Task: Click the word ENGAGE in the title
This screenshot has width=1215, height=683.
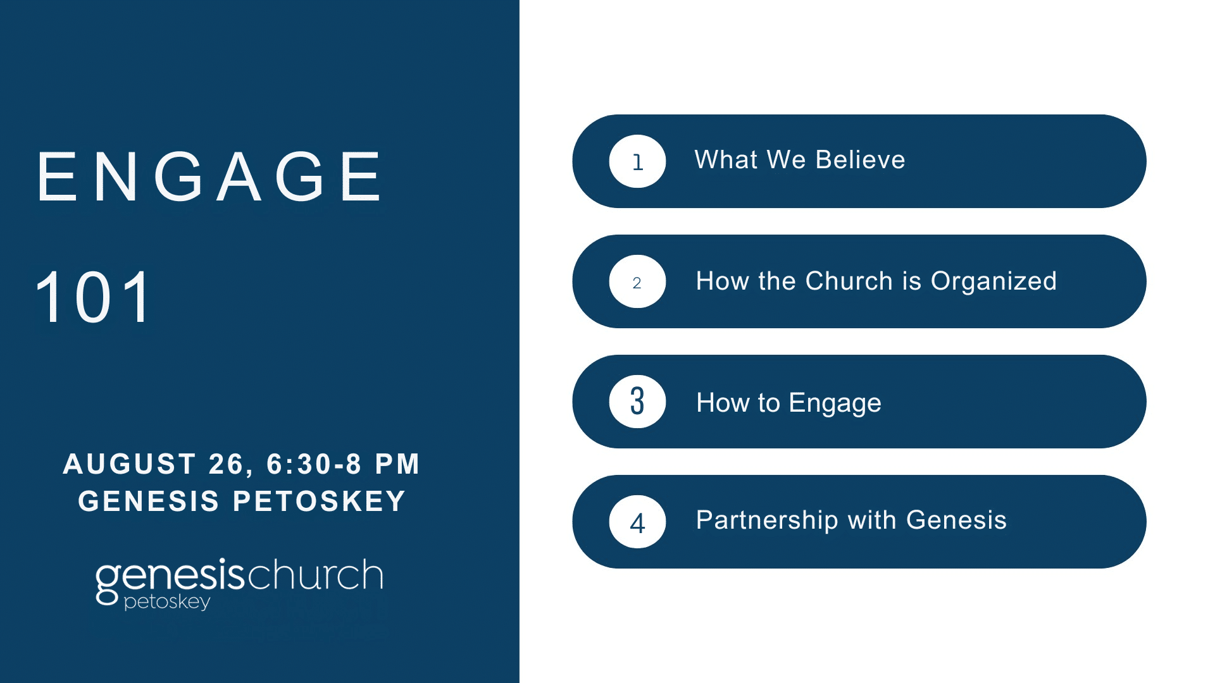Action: [x=209, y=177]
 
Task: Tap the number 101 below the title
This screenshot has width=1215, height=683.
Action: [x=94, y=297]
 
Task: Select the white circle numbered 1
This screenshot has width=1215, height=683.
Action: [x=637, y=161]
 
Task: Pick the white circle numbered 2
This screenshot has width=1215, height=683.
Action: [x=637, y=281]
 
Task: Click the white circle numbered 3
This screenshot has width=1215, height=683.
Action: [x=637, y=402]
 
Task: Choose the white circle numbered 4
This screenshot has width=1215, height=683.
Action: [x=637, y=522]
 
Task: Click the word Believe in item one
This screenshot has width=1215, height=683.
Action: [x=861, y=160]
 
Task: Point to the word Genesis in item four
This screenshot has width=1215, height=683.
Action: [x=956, y=520]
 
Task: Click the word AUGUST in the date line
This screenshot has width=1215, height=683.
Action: [x=129, y=464]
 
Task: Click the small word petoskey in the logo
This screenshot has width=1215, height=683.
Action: [x=167, y=602]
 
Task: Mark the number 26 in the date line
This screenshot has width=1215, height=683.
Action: [x=225, y=465]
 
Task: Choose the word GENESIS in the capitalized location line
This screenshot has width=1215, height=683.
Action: [x=149, y=501]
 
